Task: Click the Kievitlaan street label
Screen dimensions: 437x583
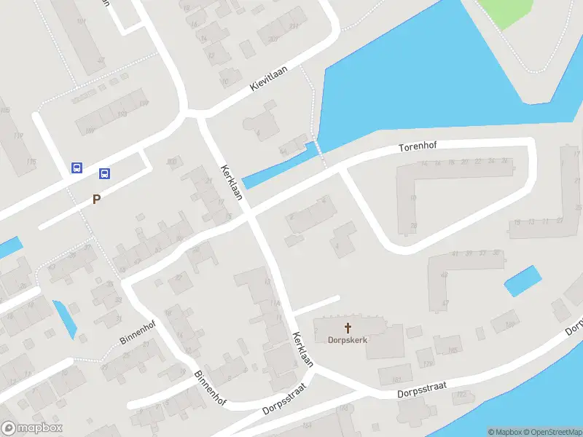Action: click(269, 78)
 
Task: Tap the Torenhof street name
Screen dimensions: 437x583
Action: click(418, 147)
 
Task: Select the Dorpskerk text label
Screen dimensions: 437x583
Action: click(348, 339)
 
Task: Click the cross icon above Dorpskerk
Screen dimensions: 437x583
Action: click(348, 327)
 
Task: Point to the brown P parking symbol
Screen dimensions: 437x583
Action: click(95, 199)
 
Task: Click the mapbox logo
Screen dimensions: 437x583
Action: click(32, 428)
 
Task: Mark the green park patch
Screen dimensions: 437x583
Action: click(512, 11)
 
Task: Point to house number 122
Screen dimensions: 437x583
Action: click(461, 394)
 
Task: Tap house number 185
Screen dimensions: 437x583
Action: click(451, 350)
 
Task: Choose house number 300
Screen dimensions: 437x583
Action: click(172, 162)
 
